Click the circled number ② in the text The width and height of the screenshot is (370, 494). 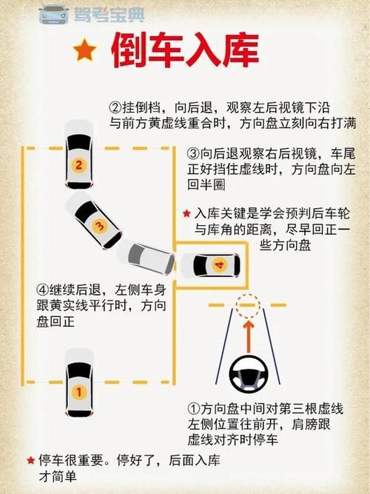click(115, 107)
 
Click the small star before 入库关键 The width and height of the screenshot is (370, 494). click(186, 214)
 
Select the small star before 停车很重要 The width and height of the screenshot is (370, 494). click(30, 460)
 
